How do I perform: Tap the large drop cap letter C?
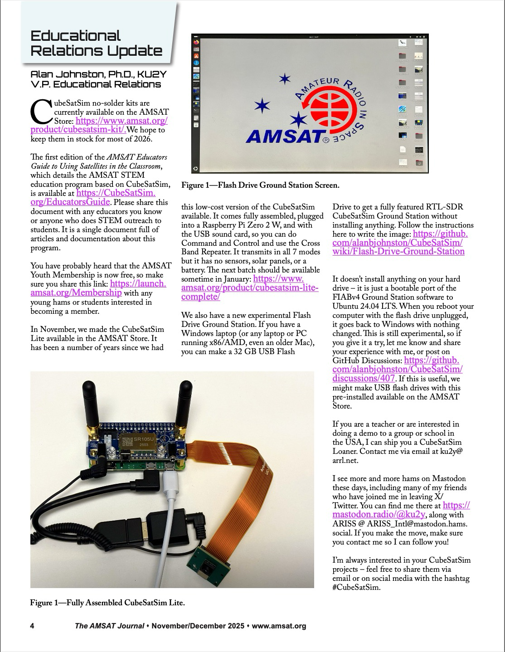tap(41, 112)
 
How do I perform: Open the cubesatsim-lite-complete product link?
tap(250, 288)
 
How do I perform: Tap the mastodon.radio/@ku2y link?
tap(379, 514)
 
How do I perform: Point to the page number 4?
tap(32, 626)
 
